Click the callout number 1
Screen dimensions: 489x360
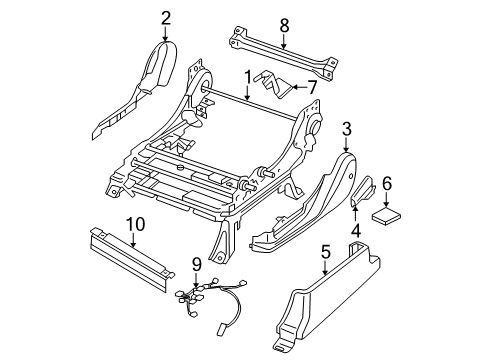247,78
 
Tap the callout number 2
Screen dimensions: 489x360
166,18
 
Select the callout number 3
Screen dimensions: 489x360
347,129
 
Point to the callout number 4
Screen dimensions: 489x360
356,231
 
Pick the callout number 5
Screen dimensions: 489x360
325,252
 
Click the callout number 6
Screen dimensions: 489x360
387,184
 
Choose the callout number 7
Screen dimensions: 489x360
311,87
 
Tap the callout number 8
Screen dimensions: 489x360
284,26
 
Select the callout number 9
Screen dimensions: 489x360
197,265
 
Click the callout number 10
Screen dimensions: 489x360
136,224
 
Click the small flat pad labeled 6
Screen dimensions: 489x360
387,215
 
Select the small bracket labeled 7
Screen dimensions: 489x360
273,84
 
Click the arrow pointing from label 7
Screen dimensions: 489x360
299,87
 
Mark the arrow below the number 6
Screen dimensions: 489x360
387,200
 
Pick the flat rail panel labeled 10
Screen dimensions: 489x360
133,259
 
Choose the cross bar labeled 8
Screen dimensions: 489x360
284,53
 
